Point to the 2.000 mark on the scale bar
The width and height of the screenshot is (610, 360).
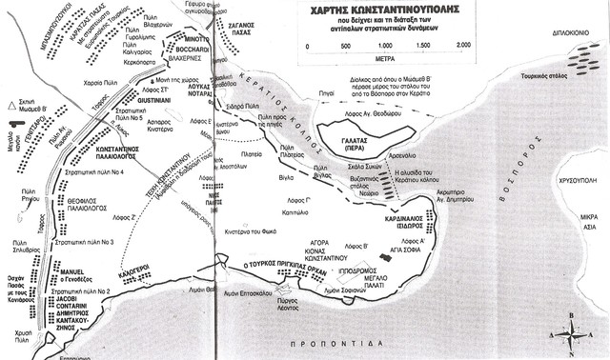point(464,45)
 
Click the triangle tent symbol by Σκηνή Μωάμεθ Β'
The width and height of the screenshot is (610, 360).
point(9,102)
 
